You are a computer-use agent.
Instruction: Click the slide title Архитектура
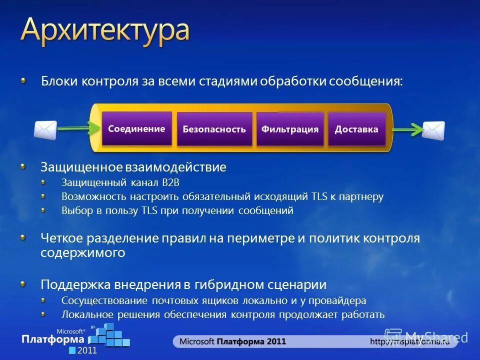pos(105,31)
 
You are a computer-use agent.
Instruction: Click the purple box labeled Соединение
pos(136,128)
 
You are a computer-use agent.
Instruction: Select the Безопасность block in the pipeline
pos(214,129)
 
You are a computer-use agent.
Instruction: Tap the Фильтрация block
pos(289,129)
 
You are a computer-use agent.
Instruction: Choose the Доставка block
pos(356,129)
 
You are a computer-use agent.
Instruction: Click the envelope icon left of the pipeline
pos(45,129)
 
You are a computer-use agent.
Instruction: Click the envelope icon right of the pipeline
pos(433,130)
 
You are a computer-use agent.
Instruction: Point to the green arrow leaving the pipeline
pos(407,130)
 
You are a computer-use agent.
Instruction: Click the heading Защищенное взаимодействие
pos(133,167)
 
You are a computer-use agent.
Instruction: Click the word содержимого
pos(82,253)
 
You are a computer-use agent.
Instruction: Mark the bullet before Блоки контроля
pos(24,81)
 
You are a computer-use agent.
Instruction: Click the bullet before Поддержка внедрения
pos(24,284)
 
